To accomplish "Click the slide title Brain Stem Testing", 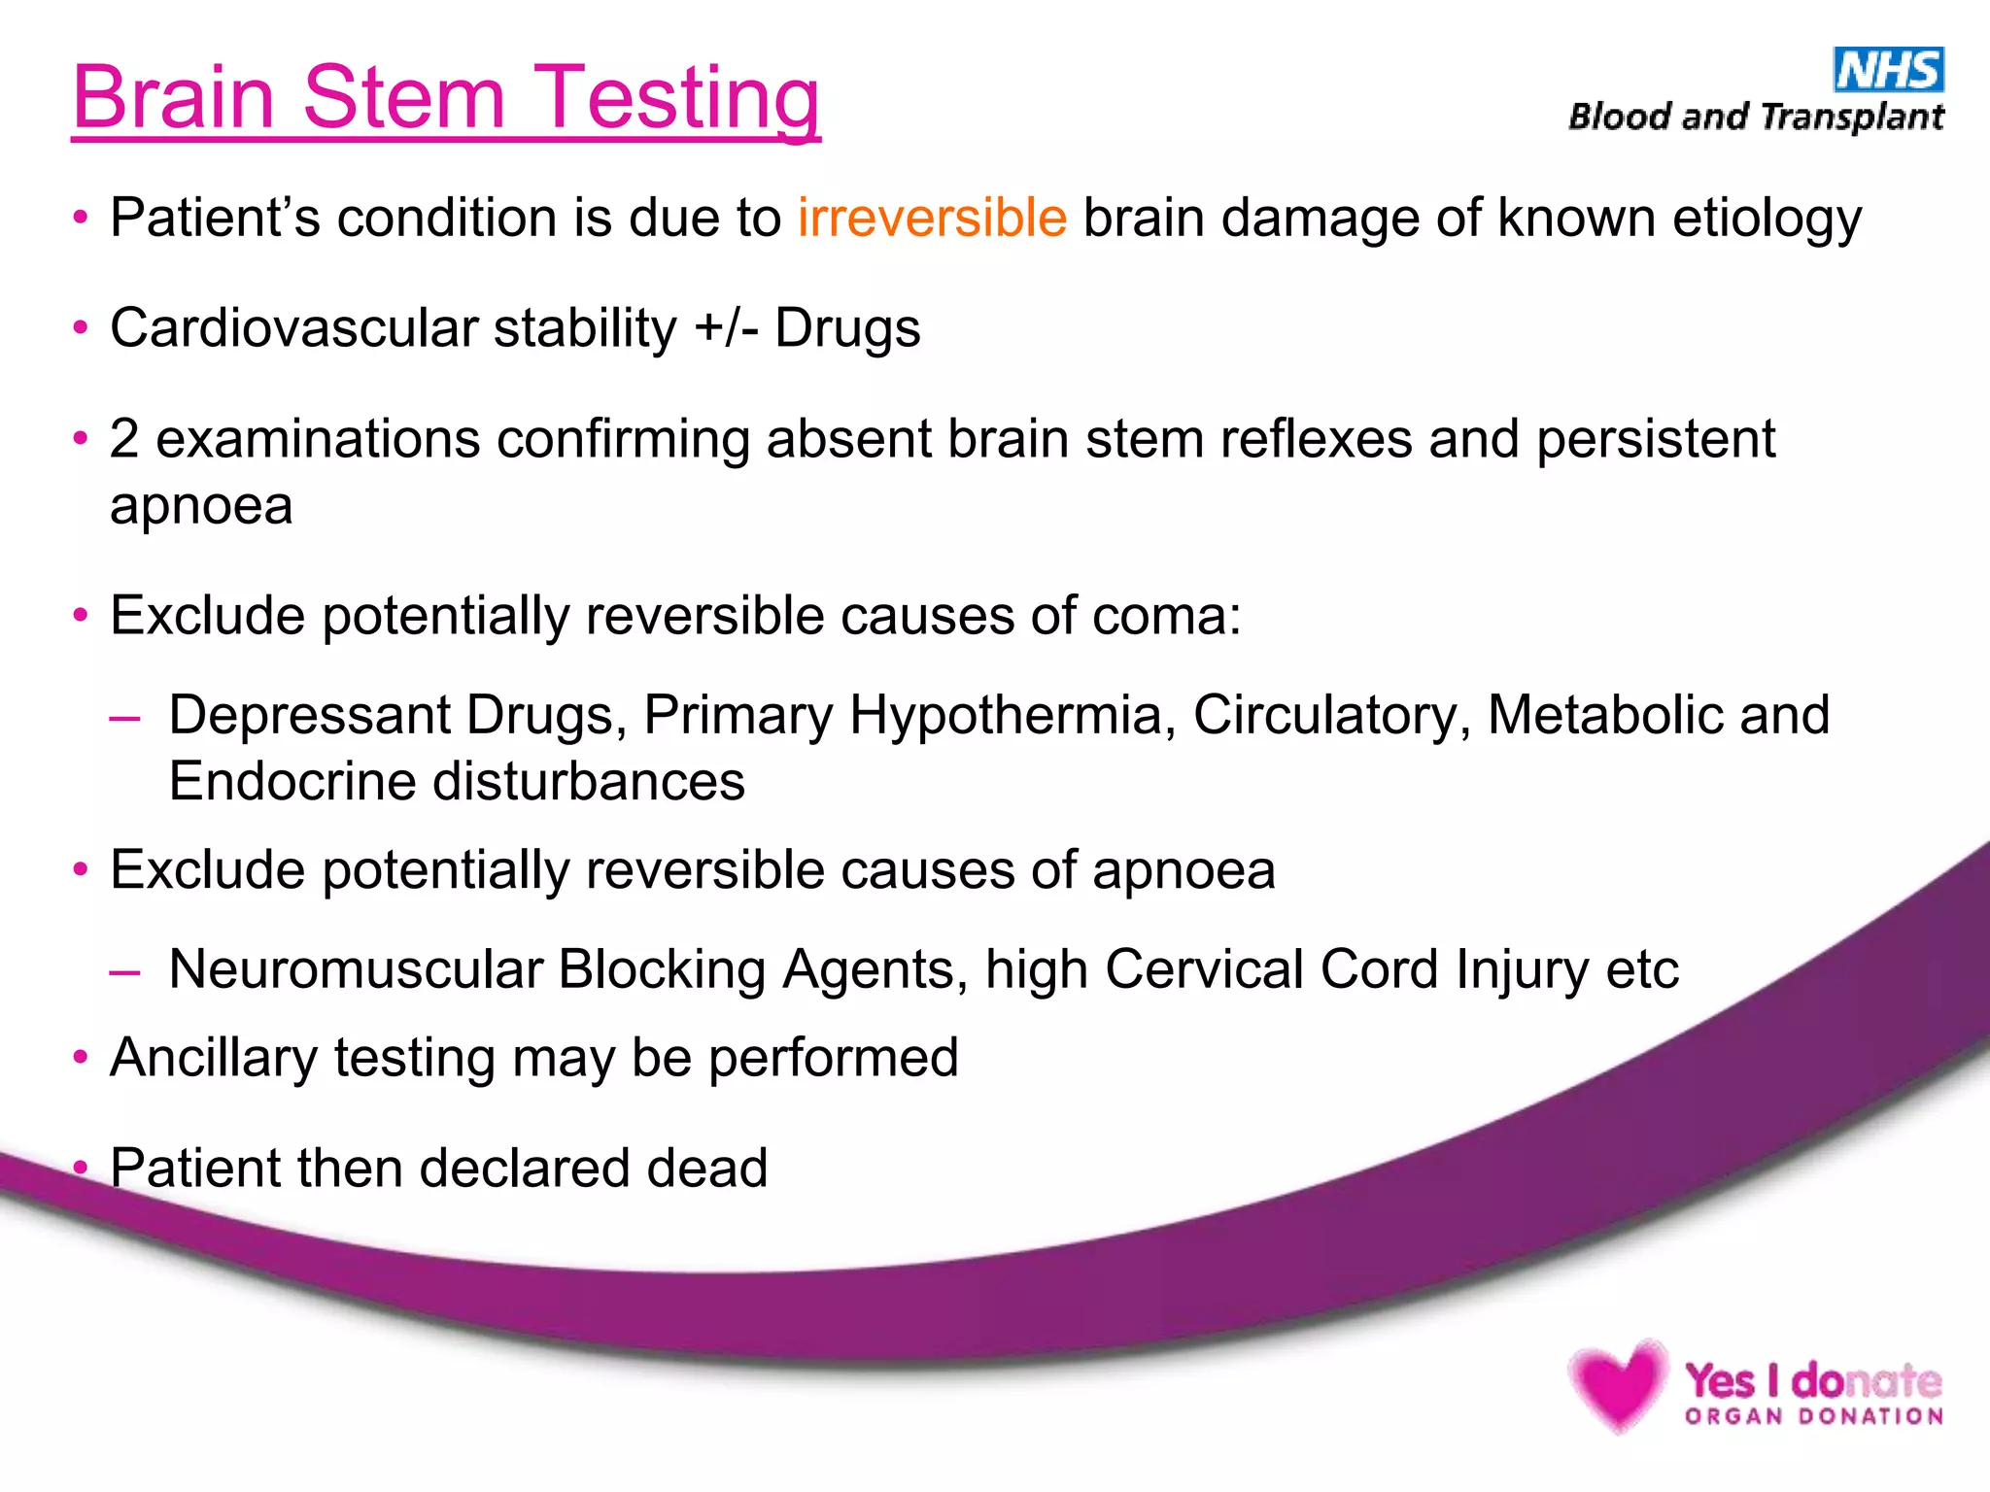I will [x=446, y=97].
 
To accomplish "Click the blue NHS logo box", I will [x=1888, y=70].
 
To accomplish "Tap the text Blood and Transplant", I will [x=1756, y=118].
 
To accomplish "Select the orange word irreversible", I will [x=932, y=217].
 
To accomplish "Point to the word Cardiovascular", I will [x=293, y=327].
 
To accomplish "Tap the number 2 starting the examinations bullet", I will [x=123, y=438].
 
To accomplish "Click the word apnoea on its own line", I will [x=201, y=506].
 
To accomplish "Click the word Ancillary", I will [x=213, y=1058].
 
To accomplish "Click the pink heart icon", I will [x=1617, y=1385].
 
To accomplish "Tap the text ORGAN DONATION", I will [x=1813, y=1416].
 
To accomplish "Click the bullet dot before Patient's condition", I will [x=82, y=218].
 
